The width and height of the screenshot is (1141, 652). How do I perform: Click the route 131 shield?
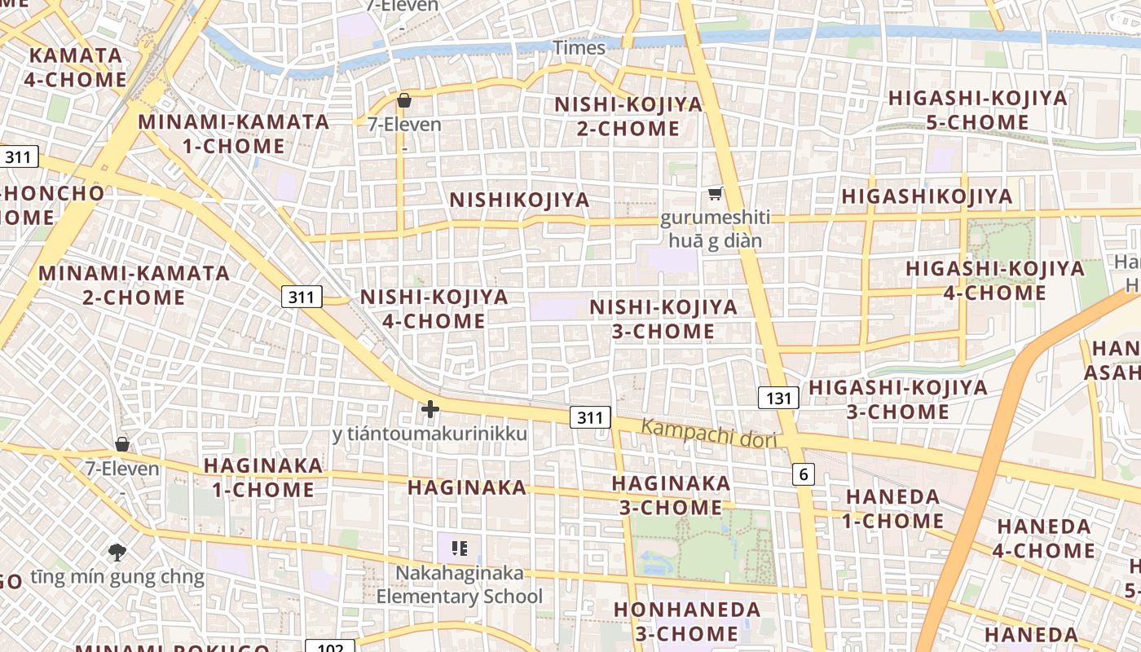[778, 398]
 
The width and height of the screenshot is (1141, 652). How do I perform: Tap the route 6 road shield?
[803, 474]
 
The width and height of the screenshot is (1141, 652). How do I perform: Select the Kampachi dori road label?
[708, 434]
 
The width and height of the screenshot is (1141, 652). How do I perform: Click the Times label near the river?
[579, 47]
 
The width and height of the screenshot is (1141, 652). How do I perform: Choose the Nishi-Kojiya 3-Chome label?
[663, 319]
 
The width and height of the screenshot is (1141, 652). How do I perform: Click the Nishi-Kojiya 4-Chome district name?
[434, 308]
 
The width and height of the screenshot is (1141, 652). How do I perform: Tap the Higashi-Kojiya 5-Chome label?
[977, 110]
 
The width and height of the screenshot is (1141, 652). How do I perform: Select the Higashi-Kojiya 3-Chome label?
[897, 399]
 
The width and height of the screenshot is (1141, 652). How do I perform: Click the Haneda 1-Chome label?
[893, 509]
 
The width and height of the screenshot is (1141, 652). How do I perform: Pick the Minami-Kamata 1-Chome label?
[233, 134]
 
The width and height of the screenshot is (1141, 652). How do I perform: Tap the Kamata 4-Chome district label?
[75, 68]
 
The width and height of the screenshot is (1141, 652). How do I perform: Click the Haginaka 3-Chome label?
[671, 495]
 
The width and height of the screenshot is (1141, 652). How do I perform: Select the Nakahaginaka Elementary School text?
[459, 584]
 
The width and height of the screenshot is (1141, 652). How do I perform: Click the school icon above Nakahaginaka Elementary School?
[460, 548]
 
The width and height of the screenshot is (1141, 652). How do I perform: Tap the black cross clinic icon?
[430, 408]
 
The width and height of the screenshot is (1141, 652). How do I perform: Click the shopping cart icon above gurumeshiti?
[715, 194]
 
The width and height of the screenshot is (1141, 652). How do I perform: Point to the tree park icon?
[117, 552]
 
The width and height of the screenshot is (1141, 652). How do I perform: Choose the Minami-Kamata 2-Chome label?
[134, 284]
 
